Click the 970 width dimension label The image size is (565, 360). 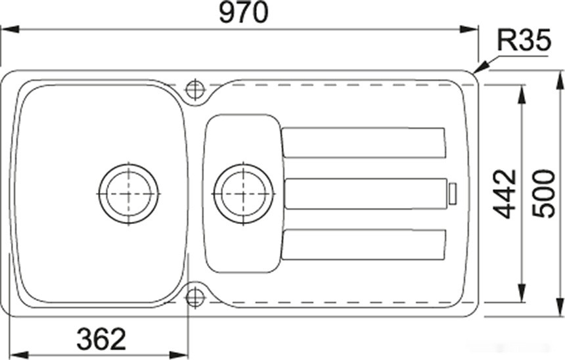[244, 13]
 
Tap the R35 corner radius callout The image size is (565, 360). [523, 42]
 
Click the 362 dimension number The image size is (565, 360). [101, 339]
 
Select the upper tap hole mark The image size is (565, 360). [195, 89]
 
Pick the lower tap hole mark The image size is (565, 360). [195, 297]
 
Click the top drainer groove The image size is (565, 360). [363, 143]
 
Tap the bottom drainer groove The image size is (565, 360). [363, 244]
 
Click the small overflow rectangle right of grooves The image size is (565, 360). [452, 194]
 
